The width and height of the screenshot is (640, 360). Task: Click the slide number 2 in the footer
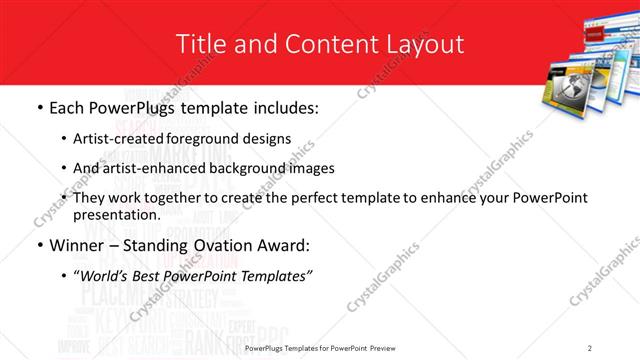(590, 348)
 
